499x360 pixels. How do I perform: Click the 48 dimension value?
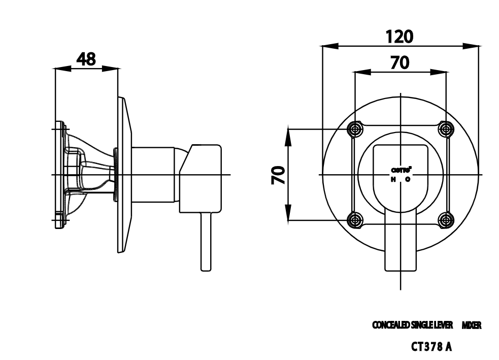pyautogui.click(x=86, y=59)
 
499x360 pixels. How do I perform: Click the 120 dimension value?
pyautogui.click(x=400, y=37)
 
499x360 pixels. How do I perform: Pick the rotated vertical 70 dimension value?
pyautogui.click(x=278, y=175)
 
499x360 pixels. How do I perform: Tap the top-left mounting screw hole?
pyautogui.click(x=355, y=129)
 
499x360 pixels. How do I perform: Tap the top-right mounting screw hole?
pyautogui.click(x=446, y=129)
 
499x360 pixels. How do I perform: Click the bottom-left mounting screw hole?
pyautogui.click(x=355, y=220)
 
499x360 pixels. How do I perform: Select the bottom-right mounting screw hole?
pyautogui.click(x=446, y=220)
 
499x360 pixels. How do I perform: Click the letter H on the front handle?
pyautogui.click(x=392, y=180)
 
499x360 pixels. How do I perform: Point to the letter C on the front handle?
pyautogui.click(x=408, y=180)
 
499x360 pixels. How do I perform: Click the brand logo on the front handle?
pyautogui.click(x=401, y=170)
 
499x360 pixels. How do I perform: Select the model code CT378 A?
pyautogui.click(x=431, y=347)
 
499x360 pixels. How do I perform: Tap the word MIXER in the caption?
pyautogui.click(x=471, y=325)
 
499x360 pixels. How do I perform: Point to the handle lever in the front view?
pyautogui.click(x=401, y=244)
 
